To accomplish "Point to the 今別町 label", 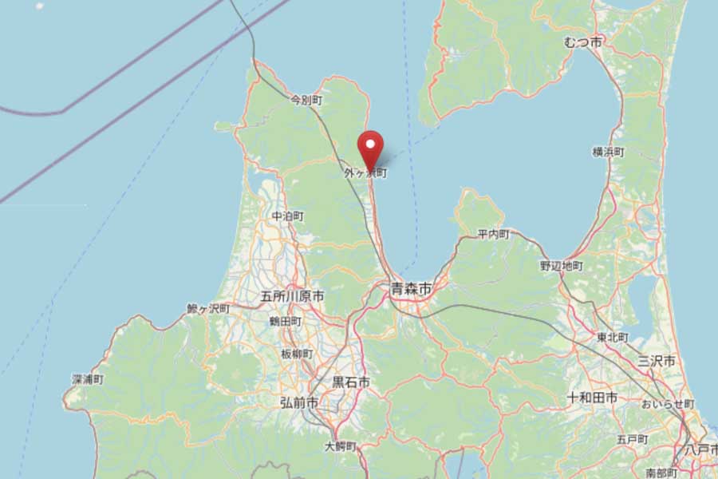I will click(x=306, y=101).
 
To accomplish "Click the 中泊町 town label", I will click(x=287, y=216).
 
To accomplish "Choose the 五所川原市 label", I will click(x=293, y=296).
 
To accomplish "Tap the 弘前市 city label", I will click(x=299, y=403).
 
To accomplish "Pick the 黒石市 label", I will click(x=351, y=383).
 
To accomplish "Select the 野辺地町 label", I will click(x=562, y=265).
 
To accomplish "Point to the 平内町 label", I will click(x=493, y=234).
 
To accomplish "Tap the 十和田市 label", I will click(x=592, y=397).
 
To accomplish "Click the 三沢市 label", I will click(x=657, y=361).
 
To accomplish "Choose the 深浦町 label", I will click(x=88, y=380).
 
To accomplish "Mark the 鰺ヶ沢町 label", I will click(x=208, y=308).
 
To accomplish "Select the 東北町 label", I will click(x=613, y=338).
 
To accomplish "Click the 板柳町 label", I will click(x=297, y=354).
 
